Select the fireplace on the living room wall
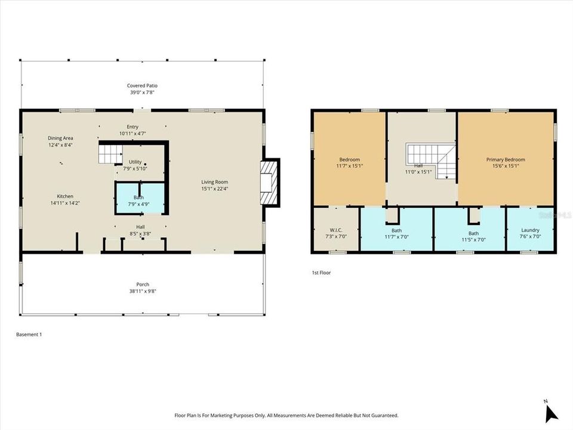click(x=270, y=182)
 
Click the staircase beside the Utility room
click(x=110, y=154)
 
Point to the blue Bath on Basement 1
click(x=138, y=198)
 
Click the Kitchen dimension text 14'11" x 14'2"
click(x=65, y=203)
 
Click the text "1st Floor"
click(x=321, y=272)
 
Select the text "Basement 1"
click(x=29, y=334)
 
